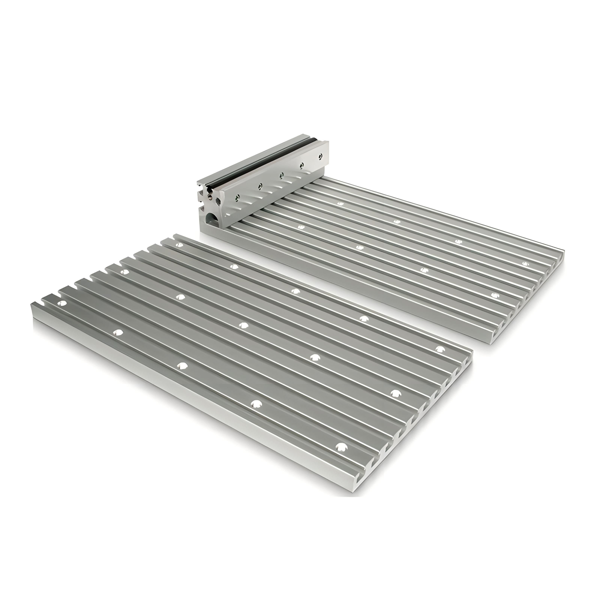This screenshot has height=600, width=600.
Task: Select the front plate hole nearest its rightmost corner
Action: pyautogui.click(x=439, y=349)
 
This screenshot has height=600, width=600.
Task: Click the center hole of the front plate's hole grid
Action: pyautogui.click(x=244, y=325)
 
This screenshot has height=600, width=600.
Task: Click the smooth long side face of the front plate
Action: pyautogui.click(x=186, y=397)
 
